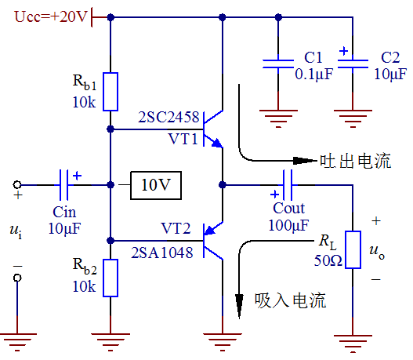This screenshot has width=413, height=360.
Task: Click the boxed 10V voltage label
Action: pyautogui.click(x=156, y=185)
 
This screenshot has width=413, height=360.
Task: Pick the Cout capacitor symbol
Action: pyautogui.click(x=286, y=185)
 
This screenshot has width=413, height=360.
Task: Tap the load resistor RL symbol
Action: pyautogui.click(x=353, y=250)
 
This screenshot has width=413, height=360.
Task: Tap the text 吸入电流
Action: pyautogui.click(x=291, y=300)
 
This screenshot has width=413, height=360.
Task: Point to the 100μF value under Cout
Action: pyautogui.click(x=289, y=226)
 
